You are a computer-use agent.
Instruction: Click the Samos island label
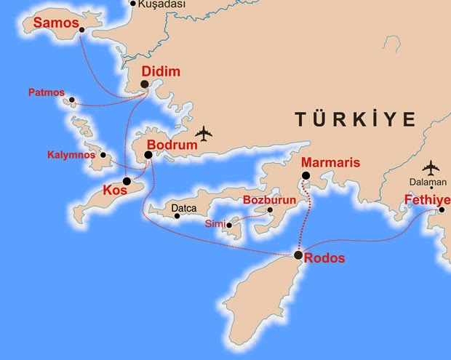click(x=55, y=24)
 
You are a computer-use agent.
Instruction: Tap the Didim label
click(x=161, y=72)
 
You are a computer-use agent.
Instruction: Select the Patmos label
click(x=46, y=93)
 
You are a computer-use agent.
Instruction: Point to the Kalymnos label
click(x=71, y=155)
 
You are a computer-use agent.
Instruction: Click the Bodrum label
click(x=172, y=145)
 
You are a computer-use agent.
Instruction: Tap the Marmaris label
click(x=330, y=163)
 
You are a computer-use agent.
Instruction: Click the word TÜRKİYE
click(x=355, y=119)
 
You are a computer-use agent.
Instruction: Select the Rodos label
click(x=325, y=258)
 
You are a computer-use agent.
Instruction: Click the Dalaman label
click(x=428, y=183)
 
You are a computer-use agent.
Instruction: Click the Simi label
click(x=215, y=223)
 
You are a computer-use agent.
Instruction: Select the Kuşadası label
click(x=161, y=4)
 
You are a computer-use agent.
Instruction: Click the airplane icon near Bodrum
click(x=204, y=135)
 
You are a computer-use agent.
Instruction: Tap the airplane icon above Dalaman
click(x=431, y=168)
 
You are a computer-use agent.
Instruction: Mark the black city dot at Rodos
click(x=298, y=255)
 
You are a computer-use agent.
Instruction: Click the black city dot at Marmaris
click(x=306, y=175)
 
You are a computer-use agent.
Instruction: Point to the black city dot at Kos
click(x=127, y=181)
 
